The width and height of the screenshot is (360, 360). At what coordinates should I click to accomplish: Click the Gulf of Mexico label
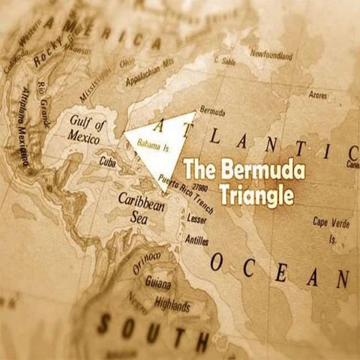[x=87, y=127]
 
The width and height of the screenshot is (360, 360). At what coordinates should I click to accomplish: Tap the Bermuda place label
[x=213, y=112]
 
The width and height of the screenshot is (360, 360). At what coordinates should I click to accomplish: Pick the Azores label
[x=318, y=95]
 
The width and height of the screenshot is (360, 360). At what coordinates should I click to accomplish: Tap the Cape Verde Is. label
[x=329, y=226]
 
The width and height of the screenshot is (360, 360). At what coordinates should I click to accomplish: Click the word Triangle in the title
[x=255, y=195]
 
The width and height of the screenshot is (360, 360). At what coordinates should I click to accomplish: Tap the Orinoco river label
[x=147, y=262]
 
